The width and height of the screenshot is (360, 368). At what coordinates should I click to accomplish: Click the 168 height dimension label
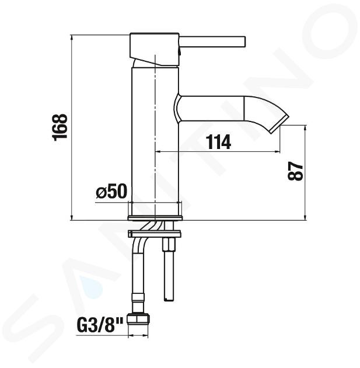coord(61,128)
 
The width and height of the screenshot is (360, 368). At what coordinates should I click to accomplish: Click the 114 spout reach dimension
coord(218,142)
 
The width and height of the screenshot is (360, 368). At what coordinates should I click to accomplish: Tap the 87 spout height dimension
coord(295,171)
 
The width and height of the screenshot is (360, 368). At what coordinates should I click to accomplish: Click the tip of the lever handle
coord(244,42)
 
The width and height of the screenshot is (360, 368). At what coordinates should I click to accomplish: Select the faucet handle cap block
coord(155,50)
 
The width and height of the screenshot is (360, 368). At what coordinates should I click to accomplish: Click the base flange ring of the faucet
coord(155,218)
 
